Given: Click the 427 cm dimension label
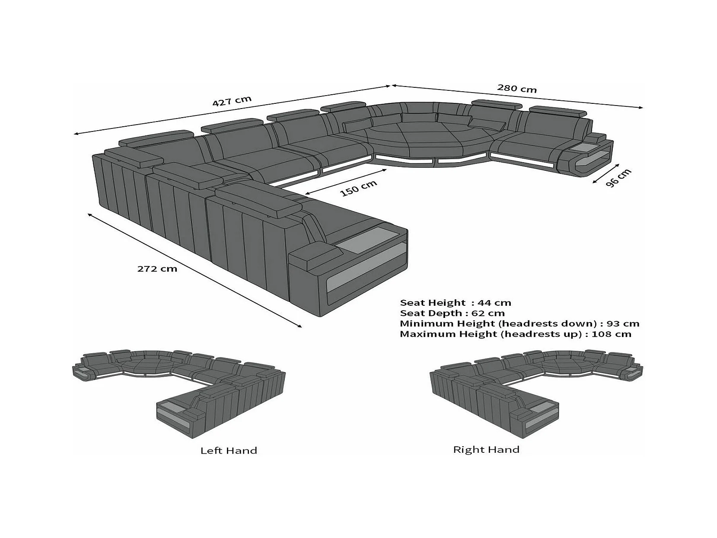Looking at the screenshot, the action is (x=232, y=101).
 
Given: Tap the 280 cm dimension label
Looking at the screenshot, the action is (x=516, y=88).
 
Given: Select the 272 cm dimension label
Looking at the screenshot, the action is (x=157, y=269).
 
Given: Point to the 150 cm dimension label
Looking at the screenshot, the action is (x=359, y=188).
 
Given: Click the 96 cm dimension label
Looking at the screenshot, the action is (x=618, y=177).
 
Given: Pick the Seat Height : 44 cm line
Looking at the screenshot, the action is (x=456, y=303).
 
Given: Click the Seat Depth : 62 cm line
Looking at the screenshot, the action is (x=452, y=313).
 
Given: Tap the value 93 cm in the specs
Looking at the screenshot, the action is (x=623, y=323).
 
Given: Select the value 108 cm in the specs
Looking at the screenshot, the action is (x=611, y=334).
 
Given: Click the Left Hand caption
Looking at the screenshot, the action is (x=229, y=451).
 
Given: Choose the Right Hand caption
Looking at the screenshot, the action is (x=486, y=449).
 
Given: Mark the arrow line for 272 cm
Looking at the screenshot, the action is (x=194, y=270).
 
